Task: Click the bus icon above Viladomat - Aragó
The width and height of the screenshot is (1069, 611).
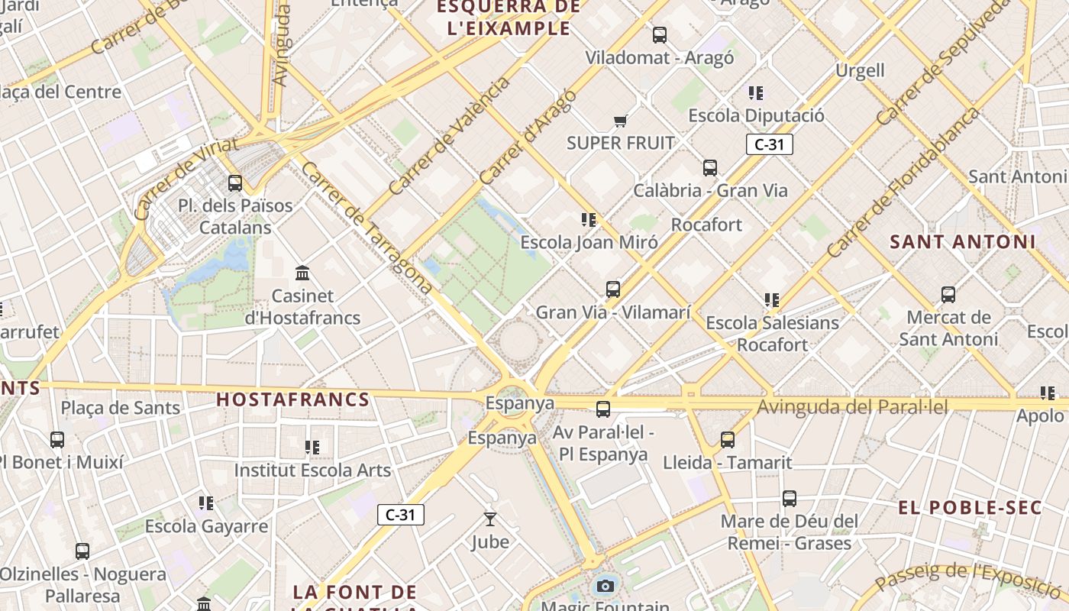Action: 660,34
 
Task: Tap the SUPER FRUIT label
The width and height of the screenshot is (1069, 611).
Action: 621,143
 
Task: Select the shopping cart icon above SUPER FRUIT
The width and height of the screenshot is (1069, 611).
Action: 620,121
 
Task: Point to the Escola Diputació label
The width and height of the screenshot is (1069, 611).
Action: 756,116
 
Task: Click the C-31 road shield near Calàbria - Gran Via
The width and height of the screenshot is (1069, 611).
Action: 770,144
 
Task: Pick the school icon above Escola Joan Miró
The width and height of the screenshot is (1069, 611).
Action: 588,220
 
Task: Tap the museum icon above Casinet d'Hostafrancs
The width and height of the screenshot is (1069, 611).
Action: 302,273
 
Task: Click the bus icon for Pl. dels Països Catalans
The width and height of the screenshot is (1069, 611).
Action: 235,183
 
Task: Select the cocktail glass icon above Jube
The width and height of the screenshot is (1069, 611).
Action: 490,519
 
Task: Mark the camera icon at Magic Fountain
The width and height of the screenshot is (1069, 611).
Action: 606,586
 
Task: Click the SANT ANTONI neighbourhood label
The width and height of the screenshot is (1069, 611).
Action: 963,242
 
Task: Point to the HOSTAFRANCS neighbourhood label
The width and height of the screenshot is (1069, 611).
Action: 293,399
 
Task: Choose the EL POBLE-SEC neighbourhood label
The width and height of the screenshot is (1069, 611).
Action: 970,508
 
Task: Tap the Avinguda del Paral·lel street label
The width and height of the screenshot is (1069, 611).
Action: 852,407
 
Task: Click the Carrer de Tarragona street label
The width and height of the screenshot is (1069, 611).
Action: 367,227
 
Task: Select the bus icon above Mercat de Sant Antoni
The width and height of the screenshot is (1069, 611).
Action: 948,295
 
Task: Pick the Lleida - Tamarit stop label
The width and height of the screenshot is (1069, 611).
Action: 727,463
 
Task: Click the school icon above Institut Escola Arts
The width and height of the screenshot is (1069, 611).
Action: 312,447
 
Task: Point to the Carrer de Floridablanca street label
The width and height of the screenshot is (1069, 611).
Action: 903,183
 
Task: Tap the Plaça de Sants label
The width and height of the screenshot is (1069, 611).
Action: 121,408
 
